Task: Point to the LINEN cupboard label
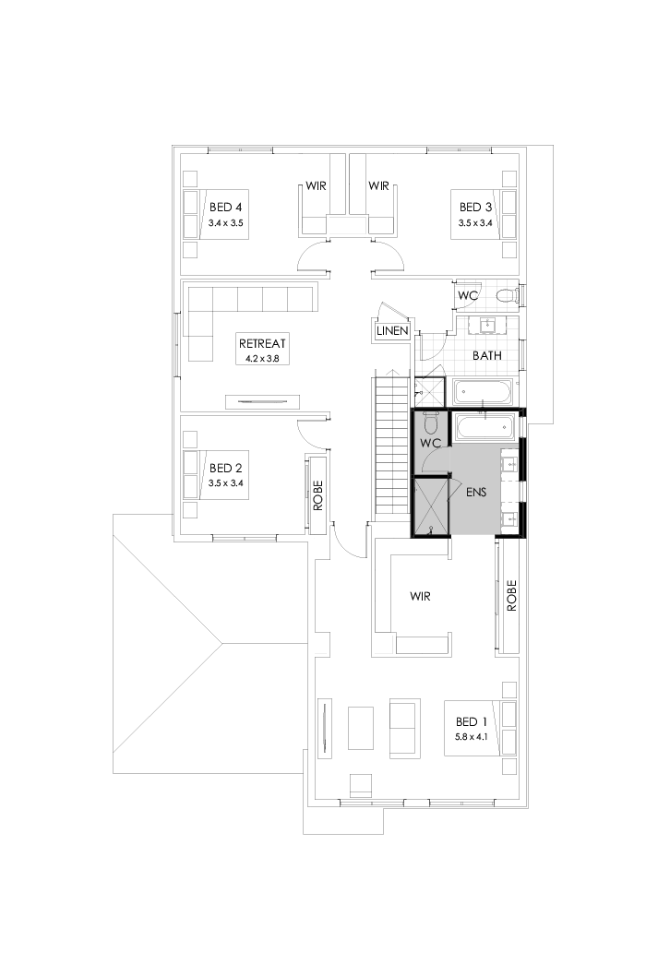point(391,330)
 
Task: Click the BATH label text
point(486,354)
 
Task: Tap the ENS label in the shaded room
point(476,493)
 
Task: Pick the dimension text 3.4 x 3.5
point(225,222)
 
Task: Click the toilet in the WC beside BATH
point(505,295)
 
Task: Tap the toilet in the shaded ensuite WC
point(430,423)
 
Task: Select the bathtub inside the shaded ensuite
point(483,426)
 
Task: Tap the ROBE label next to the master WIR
point(510,595)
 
